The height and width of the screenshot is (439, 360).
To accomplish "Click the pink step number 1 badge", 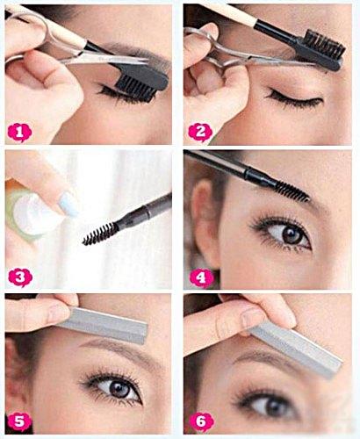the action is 19,133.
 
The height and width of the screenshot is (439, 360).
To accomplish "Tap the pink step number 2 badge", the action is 200,133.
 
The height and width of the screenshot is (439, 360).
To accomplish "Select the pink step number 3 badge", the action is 20,277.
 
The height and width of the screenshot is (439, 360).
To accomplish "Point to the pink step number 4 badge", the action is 201,277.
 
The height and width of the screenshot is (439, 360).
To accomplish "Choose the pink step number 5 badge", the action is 19,422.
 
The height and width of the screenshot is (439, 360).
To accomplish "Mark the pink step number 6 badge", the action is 202,422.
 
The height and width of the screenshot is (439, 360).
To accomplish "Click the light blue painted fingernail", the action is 69,204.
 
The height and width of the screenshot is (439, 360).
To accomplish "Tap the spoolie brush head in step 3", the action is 100,234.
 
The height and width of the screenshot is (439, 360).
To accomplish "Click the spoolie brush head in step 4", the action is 292,191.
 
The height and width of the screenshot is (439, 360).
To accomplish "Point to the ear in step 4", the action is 205,222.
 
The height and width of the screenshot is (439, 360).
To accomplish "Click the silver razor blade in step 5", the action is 103,324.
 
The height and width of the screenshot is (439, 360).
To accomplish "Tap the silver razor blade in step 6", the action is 296,349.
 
